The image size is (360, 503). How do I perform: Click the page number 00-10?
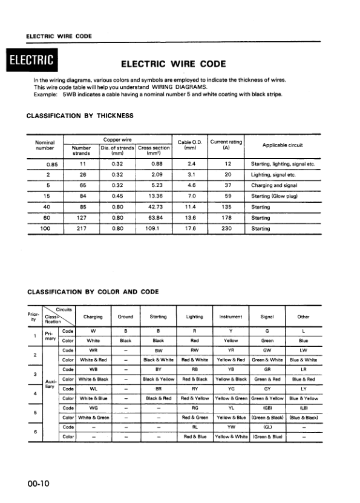[x=38, y=484]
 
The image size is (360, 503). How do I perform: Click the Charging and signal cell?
[x=273, y=185]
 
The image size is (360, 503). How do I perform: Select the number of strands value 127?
[x=81, y=219]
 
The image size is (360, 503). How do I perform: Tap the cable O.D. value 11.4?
[x=189, y=207]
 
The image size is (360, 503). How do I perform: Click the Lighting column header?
[x=195, y=317]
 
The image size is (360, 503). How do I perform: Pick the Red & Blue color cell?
[x=195, y=436]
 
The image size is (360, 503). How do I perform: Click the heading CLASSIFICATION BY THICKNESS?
[x=80, y=115]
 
